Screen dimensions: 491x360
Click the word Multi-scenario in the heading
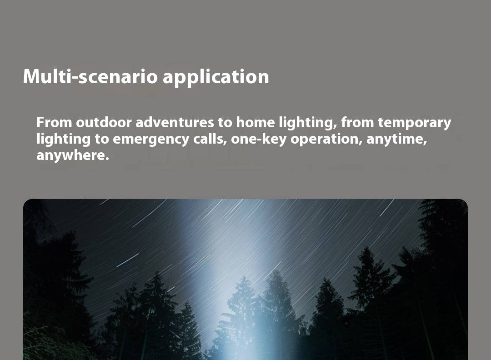(90, 76)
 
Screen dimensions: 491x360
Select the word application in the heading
(216, 77)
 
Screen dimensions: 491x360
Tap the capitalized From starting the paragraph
(55, 122)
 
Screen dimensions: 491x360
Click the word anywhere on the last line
(73, 155)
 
